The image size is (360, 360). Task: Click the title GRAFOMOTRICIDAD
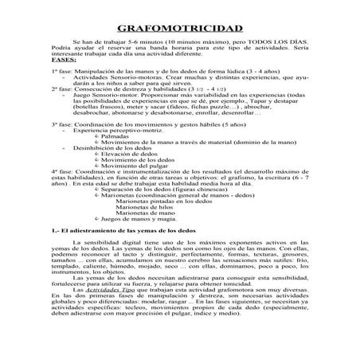point(179,27)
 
